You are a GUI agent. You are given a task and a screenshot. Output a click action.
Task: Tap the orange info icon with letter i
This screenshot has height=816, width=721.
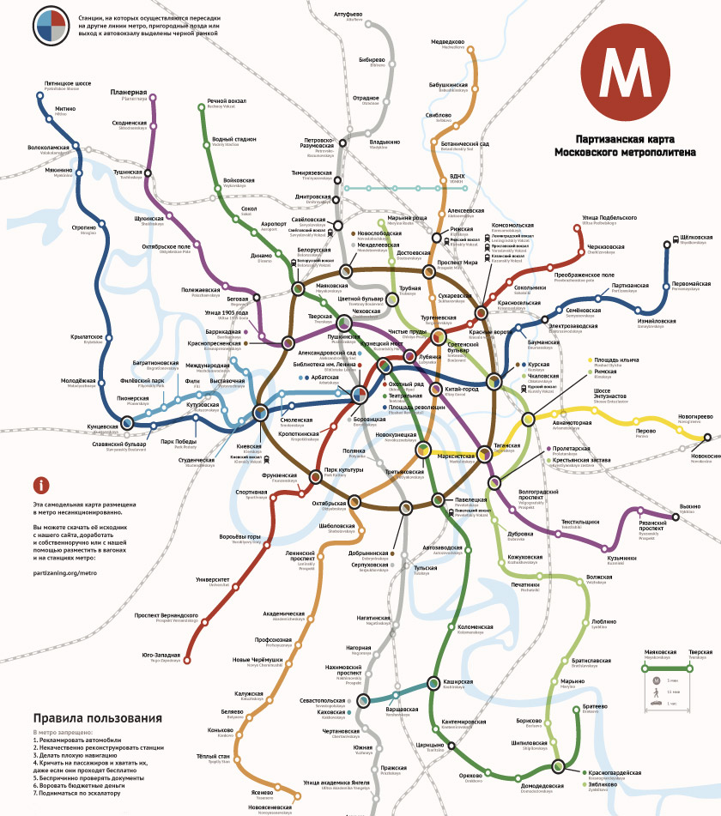[40, 485]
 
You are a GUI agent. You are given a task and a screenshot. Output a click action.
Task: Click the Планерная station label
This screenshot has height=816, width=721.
[129, 93]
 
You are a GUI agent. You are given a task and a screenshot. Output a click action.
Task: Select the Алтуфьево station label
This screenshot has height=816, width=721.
[348, 15]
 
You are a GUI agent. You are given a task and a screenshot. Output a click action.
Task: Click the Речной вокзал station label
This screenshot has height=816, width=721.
[227, 102]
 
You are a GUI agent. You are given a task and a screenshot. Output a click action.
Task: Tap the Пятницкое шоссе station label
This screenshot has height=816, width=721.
[68, 84]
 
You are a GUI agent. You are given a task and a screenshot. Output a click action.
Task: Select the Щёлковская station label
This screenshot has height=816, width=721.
[695, 238]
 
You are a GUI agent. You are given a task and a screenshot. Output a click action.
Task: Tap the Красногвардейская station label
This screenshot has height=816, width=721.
[615, 773]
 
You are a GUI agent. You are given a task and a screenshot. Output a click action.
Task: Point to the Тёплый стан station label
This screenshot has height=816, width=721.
[212, 756]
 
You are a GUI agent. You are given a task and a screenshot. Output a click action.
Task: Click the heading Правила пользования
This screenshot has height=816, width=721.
[97, 718]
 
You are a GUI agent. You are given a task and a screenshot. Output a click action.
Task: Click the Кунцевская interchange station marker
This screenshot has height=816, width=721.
[127, 422]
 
